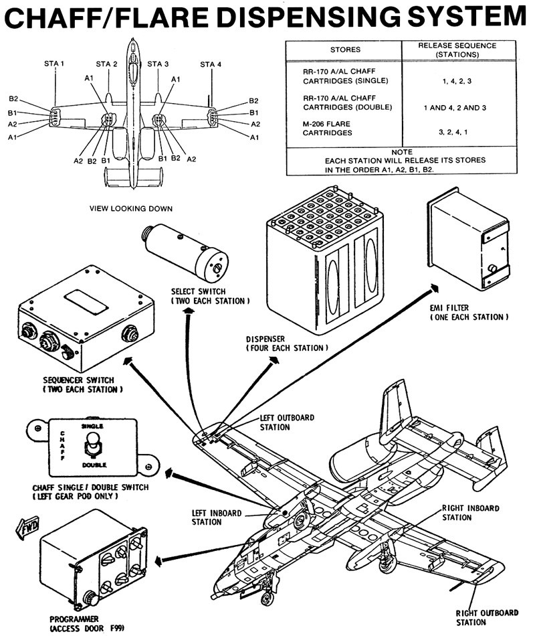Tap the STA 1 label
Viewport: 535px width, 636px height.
pyautogui.click(x=54, y=64)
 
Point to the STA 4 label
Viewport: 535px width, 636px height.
pyautogui.click(x=210, y=64)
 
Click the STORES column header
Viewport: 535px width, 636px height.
pyautogui.click(x=345, y=50)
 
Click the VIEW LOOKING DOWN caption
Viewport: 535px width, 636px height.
pyautogui.click(x=131, y=209)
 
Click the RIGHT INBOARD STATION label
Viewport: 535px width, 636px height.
pyautogui.click(x=471, y=513)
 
